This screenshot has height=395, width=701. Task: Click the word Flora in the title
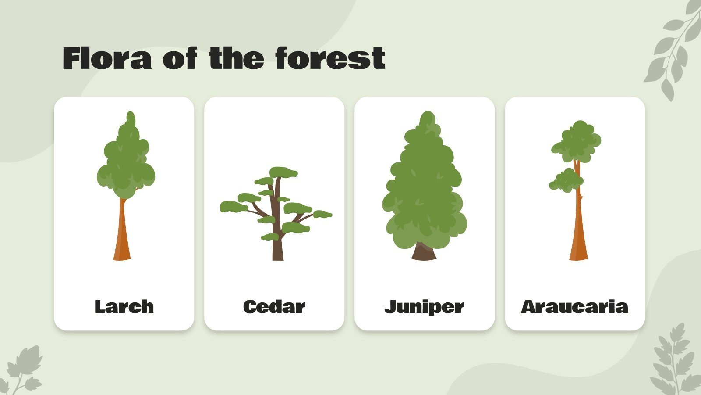pyautogui.click(x=107, y=58)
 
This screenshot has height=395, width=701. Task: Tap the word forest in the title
pyautogui.click(x=330, y=58)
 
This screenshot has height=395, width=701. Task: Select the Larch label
pyautogui.click(x=124, y=306)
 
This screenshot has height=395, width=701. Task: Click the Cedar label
pyautogui.click(x=274, y=306)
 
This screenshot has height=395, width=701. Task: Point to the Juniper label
pyautogui.click(x=424, y=307)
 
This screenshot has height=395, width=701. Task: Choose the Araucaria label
pyautogui.click(x=574, y=306)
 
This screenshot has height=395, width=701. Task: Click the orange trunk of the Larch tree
pyautogui.click(x=122, y=237)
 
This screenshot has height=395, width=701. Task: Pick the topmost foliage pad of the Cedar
pyautogui.click(x=283, y=172)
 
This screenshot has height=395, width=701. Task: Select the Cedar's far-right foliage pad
pyautogui.click(x=322, y=215)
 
